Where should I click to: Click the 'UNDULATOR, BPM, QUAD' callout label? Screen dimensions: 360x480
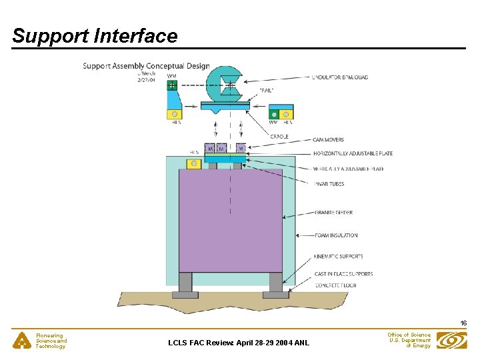click(340, 77)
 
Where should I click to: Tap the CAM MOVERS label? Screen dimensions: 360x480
click(329, 140)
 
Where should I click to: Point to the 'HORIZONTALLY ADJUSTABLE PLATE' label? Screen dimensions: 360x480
click(353, 154)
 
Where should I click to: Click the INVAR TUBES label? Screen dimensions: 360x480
click(329, 184)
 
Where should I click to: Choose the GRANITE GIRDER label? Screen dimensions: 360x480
click(333, 213)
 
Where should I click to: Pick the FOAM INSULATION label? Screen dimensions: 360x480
click(336, 235)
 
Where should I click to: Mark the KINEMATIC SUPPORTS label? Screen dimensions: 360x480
click(338, 257)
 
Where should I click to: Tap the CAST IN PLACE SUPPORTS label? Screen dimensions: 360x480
click(343, 274)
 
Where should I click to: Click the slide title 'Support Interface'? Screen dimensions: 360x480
click(95, 36)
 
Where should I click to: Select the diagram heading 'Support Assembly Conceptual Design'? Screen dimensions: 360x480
click(146, 66)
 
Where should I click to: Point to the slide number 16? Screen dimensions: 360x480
click(463, 323)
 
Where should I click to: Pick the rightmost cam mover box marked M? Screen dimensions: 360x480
click(240, 148)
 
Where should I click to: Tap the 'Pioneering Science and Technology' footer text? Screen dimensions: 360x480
click(51, 341)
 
